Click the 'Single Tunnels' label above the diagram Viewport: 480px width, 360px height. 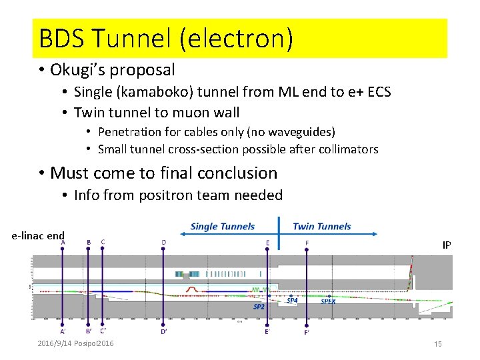222,227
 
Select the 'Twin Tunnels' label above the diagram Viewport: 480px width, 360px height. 321,227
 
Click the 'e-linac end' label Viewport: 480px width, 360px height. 38,235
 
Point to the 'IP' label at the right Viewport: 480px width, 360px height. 447,245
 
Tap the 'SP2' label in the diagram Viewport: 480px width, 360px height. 259,307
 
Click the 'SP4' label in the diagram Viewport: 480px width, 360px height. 292,301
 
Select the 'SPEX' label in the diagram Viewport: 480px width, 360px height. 328,301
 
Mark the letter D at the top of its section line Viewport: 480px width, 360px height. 164,242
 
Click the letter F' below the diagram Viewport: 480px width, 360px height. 307,332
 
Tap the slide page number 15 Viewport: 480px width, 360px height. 438,344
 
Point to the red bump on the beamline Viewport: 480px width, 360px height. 191,289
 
